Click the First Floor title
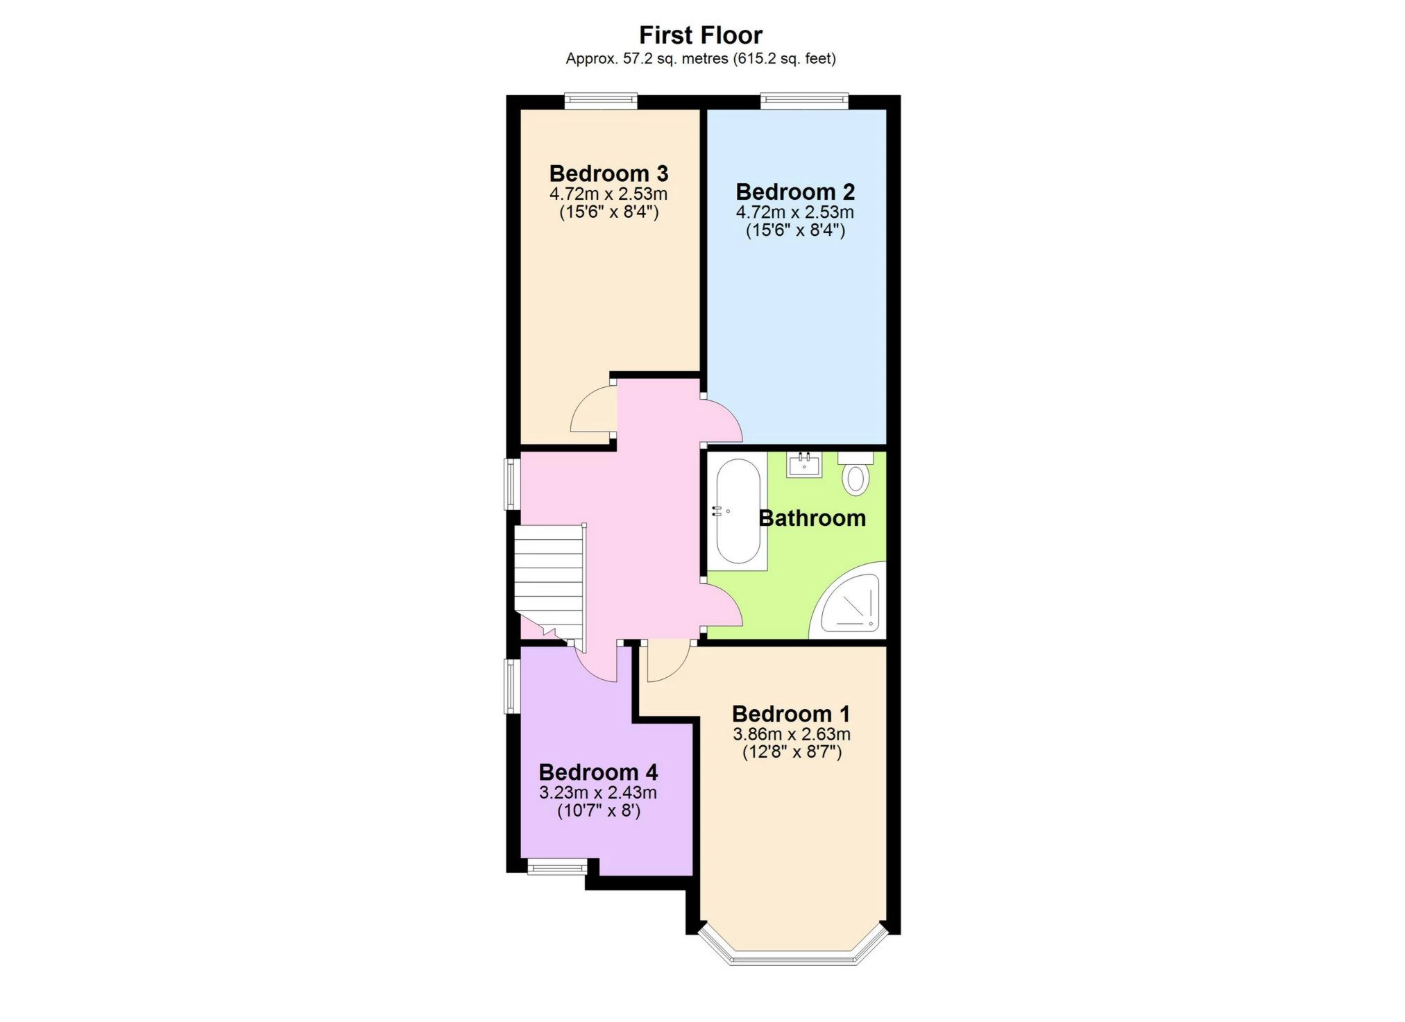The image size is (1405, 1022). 701,35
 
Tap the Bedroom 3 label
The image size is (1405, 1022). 608,173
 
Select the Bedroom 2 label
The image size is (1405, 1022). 795,191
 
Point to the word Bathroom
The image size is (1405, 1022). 812,518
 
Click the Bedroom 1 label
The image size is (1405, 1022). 791,714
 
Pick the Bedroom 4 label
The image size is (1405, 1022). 598,772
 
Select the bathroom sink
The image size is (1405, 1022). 805,464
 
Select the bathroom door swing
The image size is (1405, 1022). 722,607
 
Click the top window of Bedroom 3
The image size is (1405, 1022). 600,101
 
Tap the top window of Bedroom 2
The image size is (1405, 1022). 804,101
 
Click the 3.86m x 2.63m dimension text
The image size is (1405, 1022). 792,734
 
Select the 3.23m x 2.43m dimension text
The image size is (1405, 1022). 598,792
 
